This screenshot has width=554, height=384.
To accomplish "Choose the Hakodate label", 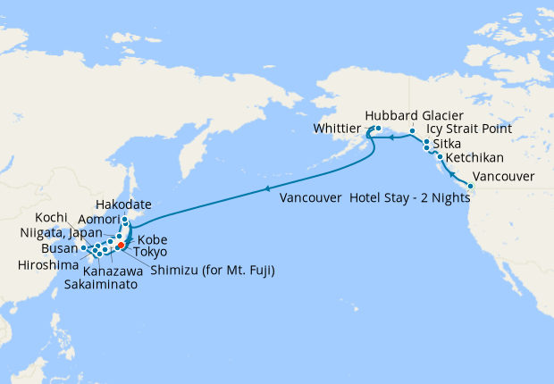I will [122, 205].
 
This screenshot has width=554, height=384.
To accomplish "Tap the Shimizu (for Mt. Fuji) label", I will [212, 270].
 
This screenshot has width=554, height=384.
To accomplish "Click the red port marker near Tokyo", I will [121, 245].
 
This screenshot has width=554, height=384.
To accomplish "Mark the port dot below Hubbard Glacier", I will [412, 132].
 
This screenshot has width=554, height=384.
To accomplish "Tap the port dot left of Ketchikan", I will [440, 157].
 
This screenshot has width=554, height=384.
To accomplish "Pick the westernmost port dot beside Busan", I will [83, 247].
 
